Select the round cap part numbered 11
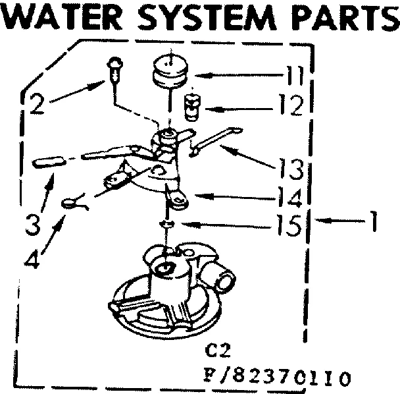pyautogui.click(x=168, y=70)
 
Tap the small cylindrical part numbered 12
pyautogui.click(x=191, y=107)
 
